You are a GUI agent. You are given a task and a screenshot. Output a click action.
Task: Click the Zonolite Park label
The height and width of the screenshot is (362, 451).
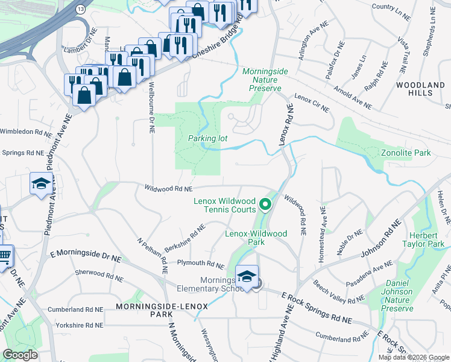406,153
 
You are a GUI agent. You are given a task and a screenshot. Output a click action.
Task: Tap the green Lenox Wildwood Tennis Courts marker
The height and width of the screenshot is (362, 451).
264,206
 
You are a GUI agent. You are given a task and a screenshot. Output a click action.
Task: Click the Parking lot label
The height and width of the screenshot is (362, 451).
207,138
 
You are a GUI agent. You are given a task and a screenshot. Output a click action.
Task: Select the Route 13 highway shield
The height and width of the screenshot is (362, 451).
81,10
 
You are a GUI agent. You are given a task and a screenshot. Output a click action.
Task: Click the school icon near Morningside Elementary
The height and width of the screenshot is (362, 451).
247,276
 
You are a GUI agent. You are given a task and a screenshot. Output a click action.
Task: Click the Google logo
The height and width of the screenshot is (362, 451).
20,355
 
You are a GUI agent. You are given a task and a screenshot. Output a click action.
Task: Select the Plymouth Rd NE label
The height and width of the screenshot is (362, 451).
200,263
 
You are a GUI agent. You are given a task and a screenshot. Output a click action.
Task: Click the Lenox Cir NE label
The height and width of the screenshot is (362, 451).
312,103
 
